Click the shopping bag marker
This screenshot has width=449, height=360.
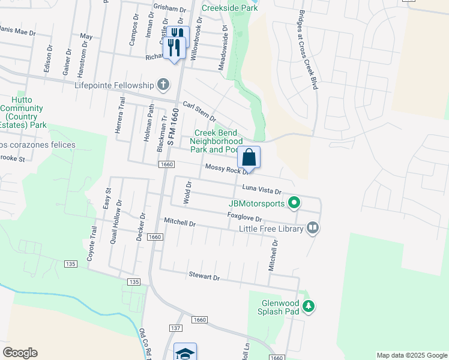pyautogui.click(x=249, y=158)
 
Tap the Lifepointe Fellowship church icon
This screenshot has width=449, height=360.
pyautogui.click(x=162, y=84)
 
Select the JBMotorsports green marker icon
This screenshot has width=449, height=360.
pyautogui.click(x=294, y=203)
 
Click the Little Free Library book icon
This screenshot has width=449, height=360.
pyautogui.click(x=312, y=227)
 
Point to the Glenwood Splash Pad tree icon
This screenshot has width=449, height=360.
pyautogui.click(x=309, y=307)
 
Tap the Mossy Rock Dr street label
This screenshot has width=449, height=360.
pyautogui.click(x=226, y=170)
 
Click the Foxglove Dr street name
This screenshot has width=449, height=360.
pyautogui.click(x=245, y=217)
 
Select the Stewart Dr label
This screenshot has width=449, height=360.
pyautogui.click(x=204, y=277)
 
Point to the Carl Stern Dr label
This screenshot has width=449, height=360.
pyautogui.click(x=199, y=111)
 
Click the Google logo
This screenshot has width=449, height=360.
pyautogui.click(x=19, y=353)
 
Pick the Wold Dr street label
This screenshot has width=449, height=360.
pyautogui.click(x=187, y=192)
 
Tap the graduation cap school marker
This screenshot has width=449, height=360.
pyautogui.click(x=185, y=352)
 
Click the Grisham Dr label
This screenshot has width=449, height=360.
pyautogui.click(x=170, y=8)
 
